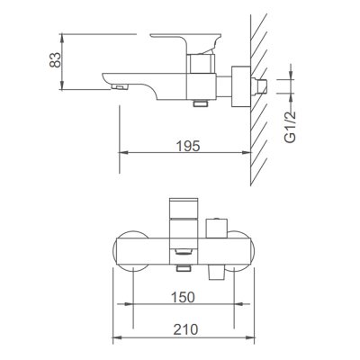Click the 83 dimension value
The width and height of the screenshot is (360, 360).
[x=55, y=60]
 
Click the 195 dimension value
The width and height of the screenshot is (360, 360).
[x=188, y=146]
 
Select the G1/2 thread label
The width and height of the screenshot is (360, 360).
[x=291, y=127]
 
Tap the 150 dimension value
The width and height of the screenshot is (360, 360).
[x=183, y=297]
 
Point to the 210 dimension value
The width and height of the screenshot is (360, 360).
[x=185, y=329]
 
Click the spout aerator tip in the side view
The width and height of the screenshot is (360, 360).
[x=120, y=87]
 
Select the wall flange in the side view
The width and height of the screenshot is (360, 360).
[x=241, y=86]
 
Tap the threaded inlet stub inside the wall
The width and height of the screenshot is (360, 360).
[x=259, y=86]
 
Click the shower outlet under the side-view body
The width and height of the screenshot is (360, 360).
[x=201, y=103]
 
